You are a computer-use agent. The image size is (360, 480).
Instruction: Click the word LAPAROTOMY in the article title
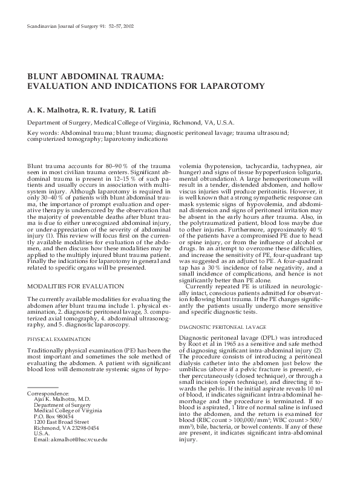click(x=231, y=86)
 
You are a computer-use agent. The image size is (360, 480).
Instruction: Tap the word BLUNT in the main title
click(x=46, y=77)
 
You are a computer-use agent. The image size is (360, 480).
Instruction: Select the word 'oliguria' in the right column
click(x=314, y=171)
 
